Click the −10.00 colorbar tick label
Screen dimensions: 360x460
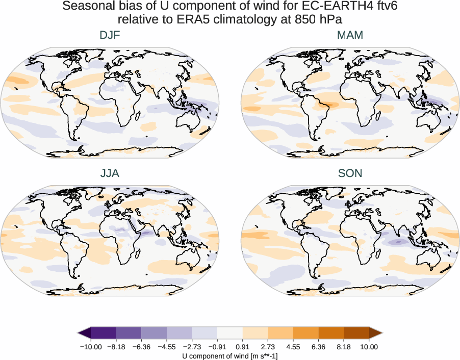[x=91, y=347]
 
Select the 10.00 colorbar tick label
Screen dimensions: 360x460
[x=369, y=347]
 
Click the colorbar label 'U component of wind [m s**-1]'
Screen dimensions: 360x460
[x=230, y=356]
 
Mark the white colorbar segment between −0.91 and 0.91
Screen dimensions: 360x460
[x=230, y=333]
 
